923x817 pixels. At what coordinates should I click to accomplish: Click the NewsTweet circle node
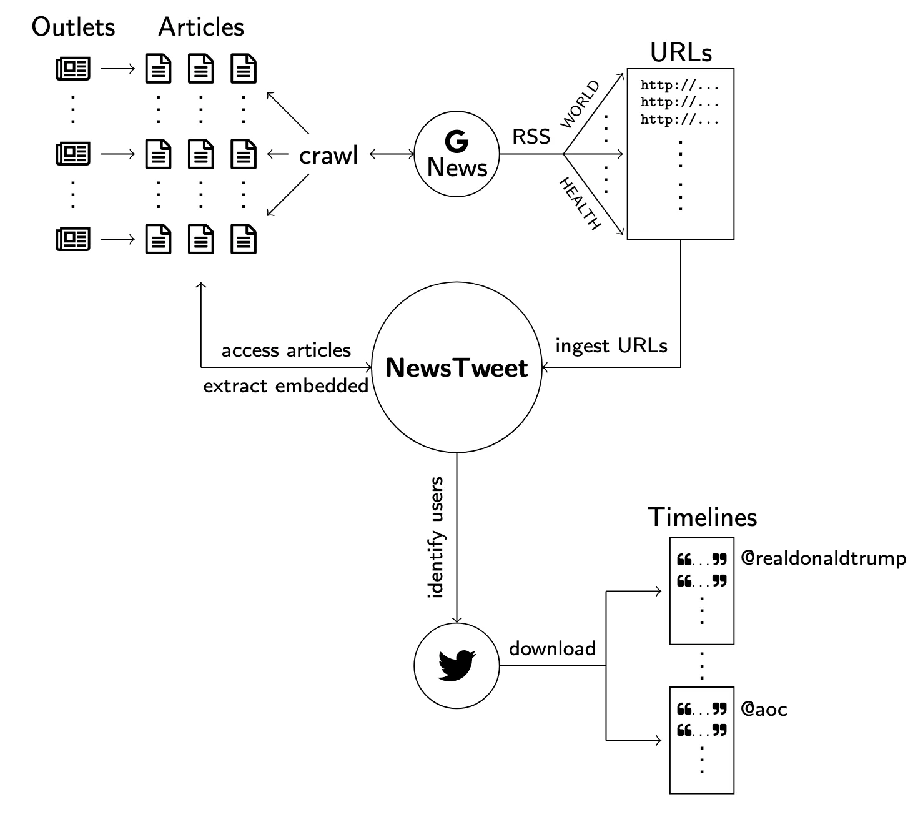[x=457, y=367]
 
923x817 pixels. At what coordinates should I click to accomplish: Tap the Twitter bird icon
[x=457, y=666]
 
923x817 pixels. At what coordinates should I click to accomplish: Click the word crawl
[x=328, y=155]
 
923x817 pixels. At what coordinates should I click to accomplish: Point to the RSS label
[x=531, y=137]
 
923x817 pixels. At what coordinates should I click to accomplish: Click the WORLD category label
[x=580, y=104]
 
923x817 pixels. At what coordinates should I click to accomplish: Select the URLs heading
[x=680, y=52]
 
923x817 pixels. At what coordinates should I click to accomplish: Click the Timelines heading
[x=702, y=517]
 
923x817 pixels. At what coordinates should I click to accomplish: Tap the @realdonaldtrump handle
[x=823, y=558]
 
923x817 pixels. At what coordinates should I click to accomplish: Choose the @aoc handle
[x=763, y=709]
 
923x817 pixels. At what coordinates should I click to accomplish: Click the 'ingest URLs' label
[x=611, y=345]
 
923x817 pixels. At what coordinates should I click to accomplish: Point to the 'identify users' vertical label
[x=436, y=537]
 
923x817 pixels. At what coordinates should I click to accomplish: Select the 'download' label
[x=552, y=648]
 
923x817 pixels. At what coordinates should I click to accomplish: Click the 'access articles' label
[x=286, y=350]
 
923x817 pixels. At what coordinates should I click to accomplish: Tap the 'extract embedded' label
[x=286, y=386]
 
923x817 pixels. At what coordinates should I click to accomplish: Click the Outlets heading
[x=73, y=27]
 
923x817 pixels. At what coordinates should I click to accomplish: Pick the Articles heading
[x=201, y=27]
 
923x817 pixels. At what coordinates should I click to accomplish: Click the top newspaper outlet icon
[x=73, y=69]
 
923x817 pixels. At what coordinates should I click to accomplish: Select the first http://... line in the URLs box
[x=679, y=86]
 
